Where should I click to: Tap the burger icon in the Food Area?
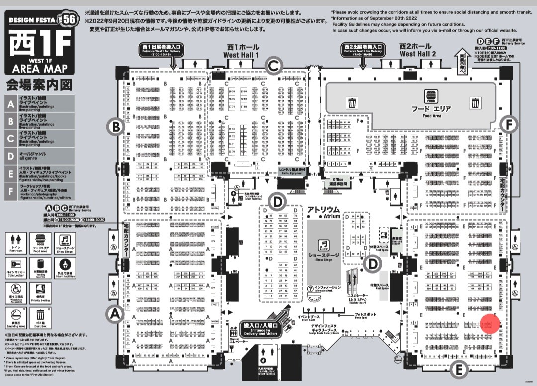(x=430, y=96)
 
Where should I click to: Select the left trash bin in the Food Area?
(x=352, y=103)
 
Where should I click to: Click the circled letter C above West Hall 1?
(x=273, y=65)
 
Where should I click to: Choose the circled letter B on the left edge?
(x=116, y=127)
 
